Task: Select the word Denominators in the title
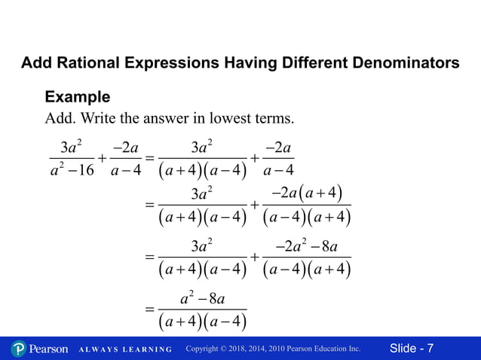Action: point(403,63)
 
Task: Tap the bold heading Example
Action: point(78,97)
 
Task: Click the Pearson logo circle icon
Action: point(18,349)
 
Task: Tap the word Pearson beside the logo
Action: point(48,349)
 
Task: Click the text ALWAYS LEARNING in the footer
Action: point(126,349)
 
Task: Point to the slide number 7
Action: point(430,349)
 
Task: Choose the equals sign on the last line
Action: point(149,310)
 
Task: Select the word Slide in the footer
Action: point(403,349)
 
